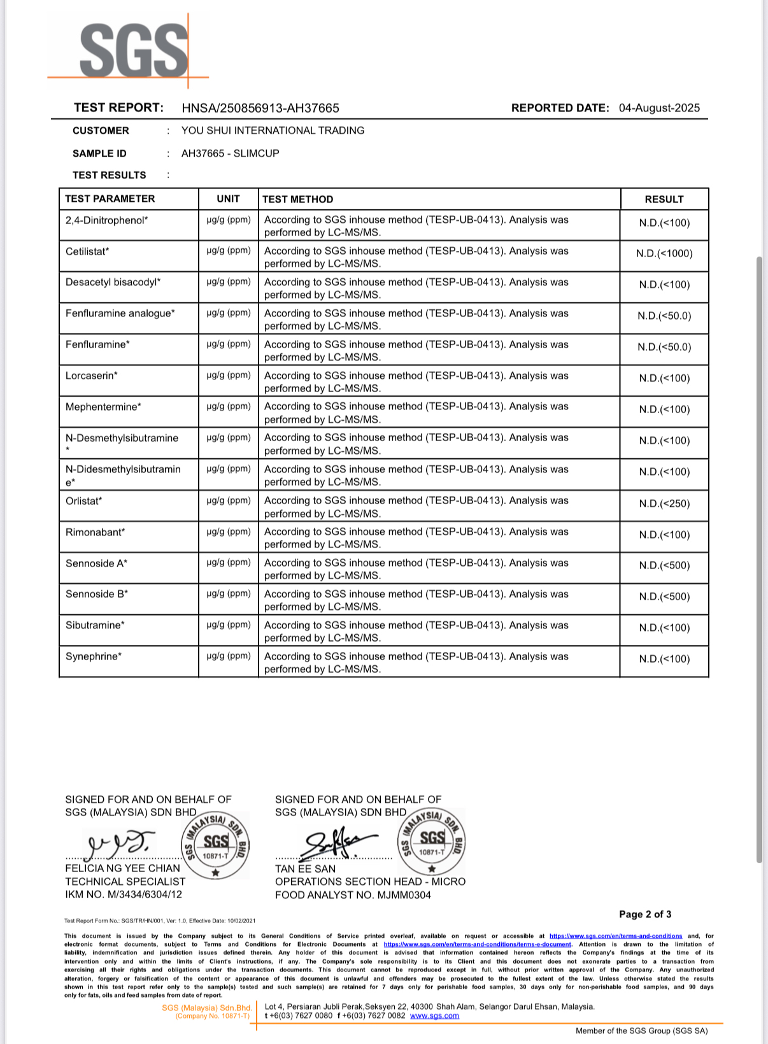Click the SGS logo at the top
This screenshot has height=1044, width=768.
pyautogui.click(x=134, y=50)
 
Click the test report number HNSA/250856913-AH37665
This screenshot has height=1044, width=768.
pyautogui.click(x=260, y=108)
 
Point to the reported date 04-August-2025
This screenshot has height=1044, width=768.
pyautogui.click(x=659, y=108)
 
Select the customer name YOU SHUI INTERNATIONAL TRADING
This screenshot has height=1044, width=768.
pyautogui.click(x=273, y=130)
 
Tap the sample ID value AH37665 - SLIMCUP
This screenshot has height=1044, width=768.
pyautogui.click(x=230, y=153)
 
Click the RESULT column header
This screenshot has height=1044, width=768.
pyautogui.click(x=664, y=199)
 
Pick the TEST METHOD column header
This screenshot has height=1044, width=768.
pyautogui.click(x=297, y=199)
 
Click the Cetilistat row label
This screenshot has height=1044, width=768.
pyautogui.click(x=87, y=251)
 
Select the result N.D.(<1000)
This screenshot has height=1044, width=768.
pyautogui.click(x=664, y=253)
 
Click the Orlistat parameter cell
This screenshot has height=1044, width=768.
pyautogui.click(x=83, y=501)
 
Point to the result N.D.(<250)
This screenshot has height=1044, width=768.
pyautogui.click(x=664, y=504)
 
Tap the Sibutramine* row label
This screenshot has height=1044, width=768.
pyautogui.click(x=95, y=625)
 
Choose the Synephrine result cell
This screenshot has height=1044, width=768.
pyautogui.click(x=664, y=659)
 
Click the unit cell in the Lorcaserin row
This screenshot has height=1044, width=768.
pyautogui.click(x=229, y=376)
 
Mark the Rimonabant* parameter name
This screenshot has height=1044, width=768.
pyautogui.click(x=95, y=532)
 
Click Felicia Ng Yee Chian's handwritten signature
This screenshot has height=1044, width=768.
pyautogui.click(x=121, y=843)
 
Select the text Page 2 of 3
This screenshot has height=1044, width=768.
pyautogui.click(x=645, y=914)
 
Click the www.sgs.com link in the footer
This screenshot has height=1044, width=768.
pyautogui.click(x=434, y=1015)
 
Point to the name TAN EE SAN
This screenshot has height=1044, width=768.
pyautogui.click(x=305, y=868)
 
